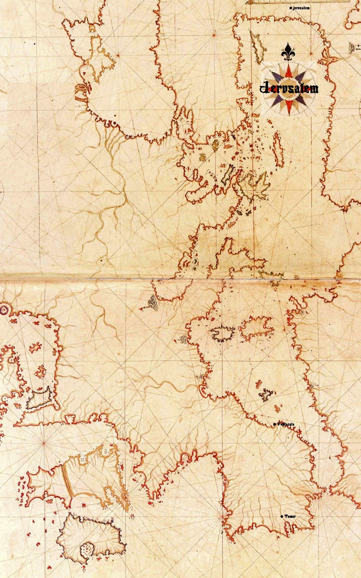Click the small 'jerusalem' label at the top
pos(301,8)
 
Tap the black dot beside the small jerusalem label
pos(290,8)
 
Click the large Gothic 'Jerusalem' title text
pos(289,88)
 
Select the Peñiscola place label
pos(286,424)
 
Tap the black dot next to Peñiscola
pos(274,424)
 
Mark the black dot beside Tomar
pos(281,516)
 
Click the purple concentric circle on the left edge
pos(4,309)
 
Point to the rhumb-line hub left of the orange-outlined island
pos(44,443)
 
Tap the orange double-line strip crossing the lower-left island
pos(67,480)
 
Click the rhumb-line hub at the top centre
pos(213,35)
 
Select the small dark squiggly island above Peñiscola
pos(266,394)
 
